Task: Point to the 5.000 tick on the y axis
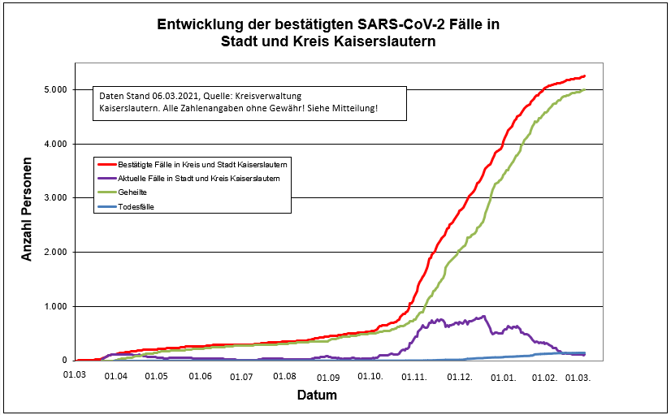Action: (x=54, y=89)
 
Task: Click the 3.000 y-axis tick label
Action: (x=54, y=198)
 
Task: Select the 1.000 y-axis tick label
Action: (x=54, y=306)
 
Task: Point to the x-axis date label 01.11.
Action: (x=415, y=377)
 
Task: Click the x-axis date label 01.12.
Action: (x=460, y=377)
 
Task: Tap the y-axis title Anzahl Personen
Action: (x=27, y=210)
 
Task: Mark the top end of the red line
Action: (x=584, y=76)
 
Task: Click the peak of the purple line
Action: (x=484, y=316)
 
